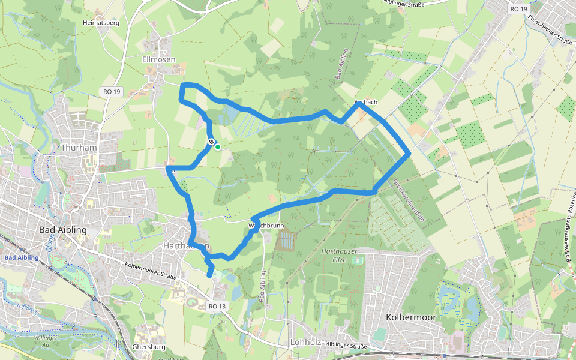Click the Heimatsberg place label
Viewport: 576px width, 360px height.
click(x=101, y=23)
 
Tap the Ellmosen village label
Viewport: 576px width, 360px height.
click(x=159, y=59)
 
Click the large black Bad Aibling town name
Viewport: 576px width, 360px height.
click(x=62, y=230)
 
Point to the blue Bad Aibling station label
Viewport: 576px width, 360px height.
click(x=21, y=258)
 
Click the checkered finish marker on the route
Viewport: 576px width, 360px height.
click(x=211, y=142)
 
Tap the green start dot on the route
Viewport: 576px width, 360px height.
click(x=218, y=147)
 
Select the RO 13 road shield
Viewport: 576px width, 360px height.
click(x=217, y=306)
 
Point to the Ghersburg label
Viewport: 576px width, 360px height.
click(x=148, y=347)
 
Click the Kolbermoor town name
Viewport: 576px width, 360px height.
click(x=412, y=316)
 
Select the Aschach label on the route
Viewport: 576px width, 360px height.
click(x=366, y=102)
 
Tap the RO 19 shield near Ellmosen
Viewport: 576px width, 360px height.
click(x=111, y=92)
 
